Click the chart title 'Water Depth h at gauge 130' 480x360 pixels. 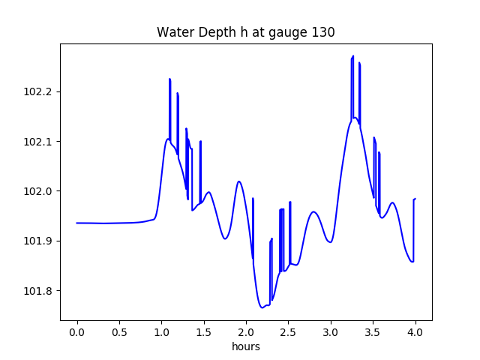[x=245, y=32]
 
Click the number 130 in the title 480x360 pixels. [x=324, y=32]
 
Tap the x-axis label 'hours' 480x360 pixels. [x=245, y=347]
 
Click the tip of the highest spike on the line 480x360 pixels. [x=353, y=56]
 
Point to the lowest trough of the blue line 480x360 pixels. [x=262, y=307]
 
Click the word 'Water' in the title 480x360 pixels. [x=172, y=32]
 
